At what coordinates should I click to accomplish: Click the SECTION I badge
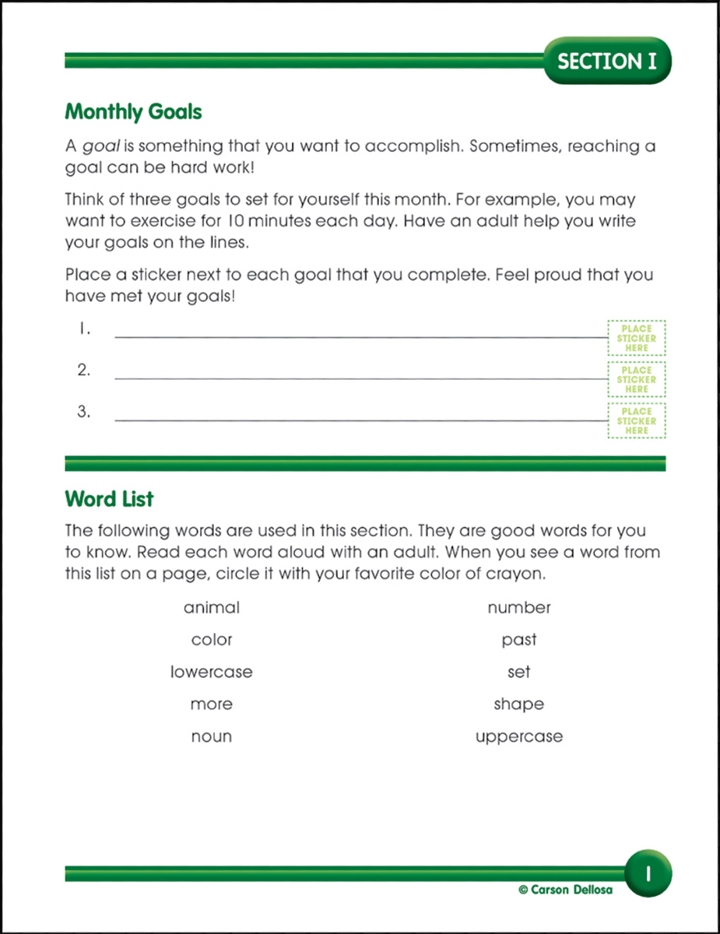click(x=607, y=61)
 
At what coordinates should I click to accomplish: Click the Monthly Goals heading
click(x=133, y=112)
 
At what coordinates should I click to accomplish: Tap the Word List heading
click(x=109, y=498)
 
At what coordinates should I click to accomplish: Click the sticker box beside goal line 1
click(x=636, y=339)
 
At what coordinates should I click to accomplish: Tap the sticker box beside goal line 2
click(x=636, y=380)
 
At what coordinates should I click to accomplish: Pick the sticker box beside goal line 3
click(x=636, y=421)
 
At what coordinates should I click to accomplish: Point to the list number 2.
click(x=84, y=370)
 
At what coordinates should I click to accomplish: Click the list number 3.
click(x=84, y=412)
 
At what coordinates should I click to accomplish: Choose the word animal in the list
click(x=212, y=607)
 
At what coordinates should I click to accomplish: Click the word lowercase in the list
click(x=212, y=672)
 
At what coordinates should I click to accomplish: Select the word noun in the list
click(x=212, y=736)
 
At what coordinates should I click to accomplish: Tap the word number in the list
click(x=519, y=607)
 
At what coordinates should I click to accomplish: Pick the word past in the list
click(x=519, y=640)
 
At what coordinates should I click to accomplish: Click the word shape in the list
click(x=519, y=704)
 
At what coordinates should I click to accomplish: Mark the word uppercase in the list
click(x=519, y=736)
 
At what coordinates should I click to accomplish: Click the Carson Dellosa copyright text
click(x=565, y=890)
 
